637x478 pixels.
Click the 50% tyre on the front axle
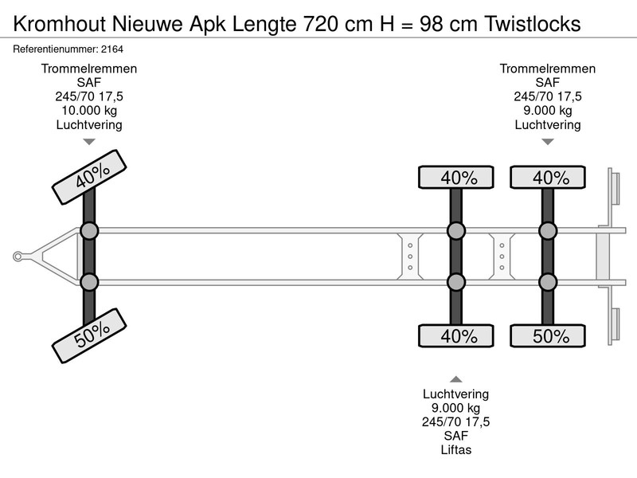[89, 335]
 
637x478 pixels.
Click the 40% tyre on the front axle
[89, 177]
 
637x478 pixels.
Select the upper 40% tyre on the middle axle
[455, 177]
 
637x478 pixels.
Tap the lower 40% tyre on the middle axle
[455, 335]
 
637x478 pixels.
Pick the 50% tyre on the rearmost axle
[548, 335]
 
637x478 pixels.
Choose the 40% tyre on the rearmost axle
[548, 177]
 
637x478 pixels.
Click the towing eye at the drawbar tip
[18, 257]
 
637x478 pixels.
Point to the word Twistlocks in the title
[533, 24]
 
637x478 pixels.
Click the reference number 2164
[112, 49]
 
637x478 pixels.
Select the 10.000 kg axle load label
[89, 111]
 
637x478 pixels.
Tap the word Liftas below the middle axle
[455, 450]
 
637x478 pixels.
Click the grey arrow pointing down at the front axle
[89, 142]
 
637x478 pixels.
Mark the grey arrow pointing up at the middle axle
[455, 379]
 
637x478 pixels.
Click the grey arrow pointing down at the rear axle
[548, 142]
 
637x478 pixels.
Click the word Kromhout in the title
[60, 24]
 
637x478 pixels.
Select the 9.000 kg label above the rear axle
[548, 111]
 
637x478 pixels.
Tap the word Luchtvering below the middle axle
[455, 394]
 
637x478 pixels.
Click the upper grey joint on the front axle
[89, 231]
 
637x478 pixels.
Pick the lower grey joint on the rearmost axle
[548, 282]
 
